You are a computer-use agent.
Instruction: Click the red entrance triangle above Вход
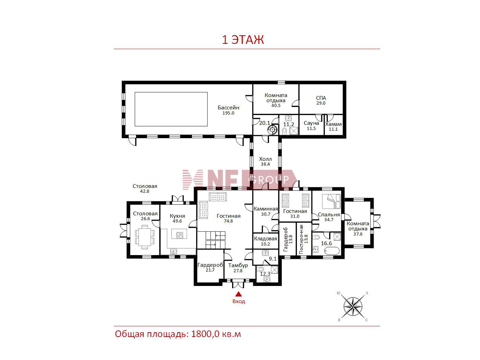click(x=239, y=294)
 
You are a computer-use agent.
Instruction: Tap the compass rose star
click(x=353, y=307)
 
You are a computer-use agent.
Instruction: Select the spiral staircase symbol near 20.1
click(x=273, y=130)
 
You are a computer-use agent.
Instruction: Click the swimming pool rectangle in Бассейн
click(x=171, y=109)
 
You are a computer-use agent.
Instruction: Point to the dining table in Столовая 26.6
click(x=145, y=237)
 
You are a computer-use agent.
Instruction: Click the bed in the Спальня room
click(x=331, y=201)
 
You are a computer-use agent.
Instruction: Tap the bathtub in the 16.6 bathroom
click(x=332, y=251)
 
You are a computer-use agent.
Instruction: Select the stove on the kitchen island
click(x=180, y=235)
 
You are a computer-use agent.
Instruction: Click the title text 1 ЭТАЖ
click(x=243, y=40)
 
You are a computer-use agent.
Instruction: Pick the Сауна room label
click(x=311, y=123)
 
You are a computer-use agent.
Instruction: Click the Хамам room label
click(x=333, y=124)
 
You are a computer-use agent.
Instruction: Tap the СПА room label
click(x=321, y=98)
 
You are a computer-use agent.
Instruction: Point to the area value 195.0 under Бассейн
click(x=228, y=113)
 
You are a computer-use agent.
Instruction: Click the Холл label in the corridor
click(x=265, y=159)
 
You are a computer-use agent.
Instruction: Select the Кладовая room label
click(x=265, y=239)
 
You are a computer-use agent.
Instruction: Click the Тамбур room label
click(x=238, y=265)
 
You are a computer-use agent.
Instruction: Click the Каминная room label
click(x=266, y=209)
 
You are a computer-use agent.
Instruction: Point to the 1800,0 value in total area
click(x=205, y=334)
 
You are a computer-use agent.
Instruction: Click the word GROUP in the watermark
click(x=269, y=180)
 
